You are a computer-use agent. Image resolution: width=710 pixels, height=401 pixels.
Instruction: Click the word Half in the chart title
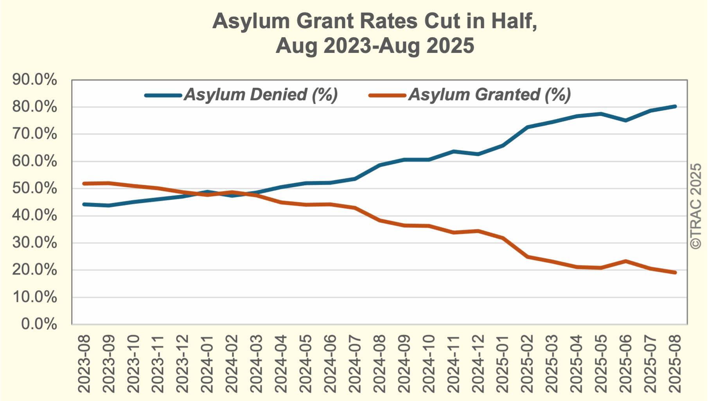514,21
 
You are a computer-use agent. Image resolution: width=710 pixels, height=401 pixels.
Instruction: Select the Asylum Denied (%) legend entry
261,95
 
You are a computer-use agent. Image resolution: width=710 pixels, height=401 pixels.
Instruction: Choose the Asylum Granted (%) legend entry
489,95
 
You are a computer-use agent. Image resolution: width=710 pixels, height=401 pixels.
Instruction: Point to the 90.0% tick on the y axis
34,80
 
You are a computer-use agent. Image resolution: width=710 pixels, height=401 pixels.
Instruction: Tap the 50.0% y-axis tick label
34,188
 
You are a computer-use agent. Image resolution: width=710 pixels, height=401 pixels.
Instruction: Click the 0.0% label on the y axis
39,324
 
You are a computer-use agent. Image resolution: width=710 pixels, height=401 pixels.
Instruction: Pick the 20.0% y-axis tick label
34,270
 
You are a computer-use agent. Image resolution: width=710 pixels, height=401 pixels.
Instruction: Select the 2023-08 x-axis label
84,363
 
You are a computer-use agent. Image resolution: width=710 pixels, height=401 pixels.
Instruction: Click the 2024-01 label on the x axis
207,363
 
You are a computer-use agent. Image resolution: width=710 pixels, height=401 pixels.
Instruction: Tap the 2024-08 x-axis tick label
379,363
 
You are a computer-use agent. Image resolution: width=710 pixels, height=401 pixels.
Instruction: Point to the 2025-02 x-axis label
527,363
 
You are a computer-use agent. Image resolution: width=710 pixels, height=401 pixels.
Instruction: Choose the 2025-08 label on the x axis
675,363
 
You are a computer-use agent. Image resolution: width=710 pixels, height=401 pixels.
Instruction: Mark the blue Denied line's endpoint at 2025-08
675,107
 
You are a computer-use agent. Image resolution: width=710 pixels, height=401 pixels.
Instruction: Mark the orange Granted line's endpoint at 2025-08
675,273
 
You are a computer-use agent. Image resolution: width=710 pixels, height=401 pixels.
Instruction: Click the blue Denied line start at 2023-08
84,204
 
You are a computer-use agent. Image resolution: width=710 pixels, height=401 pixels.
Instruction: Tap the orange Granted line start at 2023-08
84,183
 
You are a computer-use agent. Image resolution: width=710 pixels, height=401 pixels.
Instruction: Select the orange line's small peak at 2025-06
626,261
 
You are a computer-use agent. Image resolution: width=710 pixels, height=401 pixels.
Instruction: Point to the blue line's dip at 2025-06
626,120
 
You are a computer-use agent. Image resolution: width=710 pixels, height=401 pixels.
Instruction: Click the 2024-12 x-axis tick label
478,363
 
